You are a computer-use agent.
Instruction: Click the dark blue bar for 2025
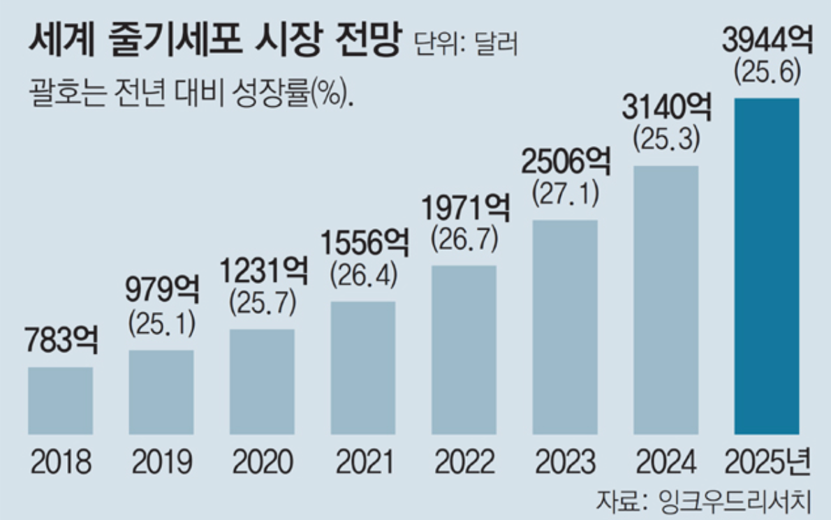(766, 265)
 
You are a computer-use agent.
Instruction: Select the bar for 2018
(60, 400)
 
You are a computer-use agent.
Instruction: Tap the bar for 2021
(362, 367)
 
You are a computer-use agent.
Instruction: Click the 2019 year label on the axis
(161, 462)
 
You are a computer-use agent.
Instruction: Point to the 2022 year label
(464, 462)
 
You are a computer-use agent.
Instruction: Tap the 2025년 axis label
(767, 462)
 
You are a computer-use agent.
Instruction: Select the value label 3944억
(767, 43)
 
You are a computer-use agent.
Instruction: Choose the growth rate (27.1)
(565, 194)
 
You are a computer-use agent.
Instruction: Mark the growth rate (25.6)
(767, 72)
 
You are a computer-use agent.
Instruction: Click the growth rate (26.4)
(363, 274)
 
